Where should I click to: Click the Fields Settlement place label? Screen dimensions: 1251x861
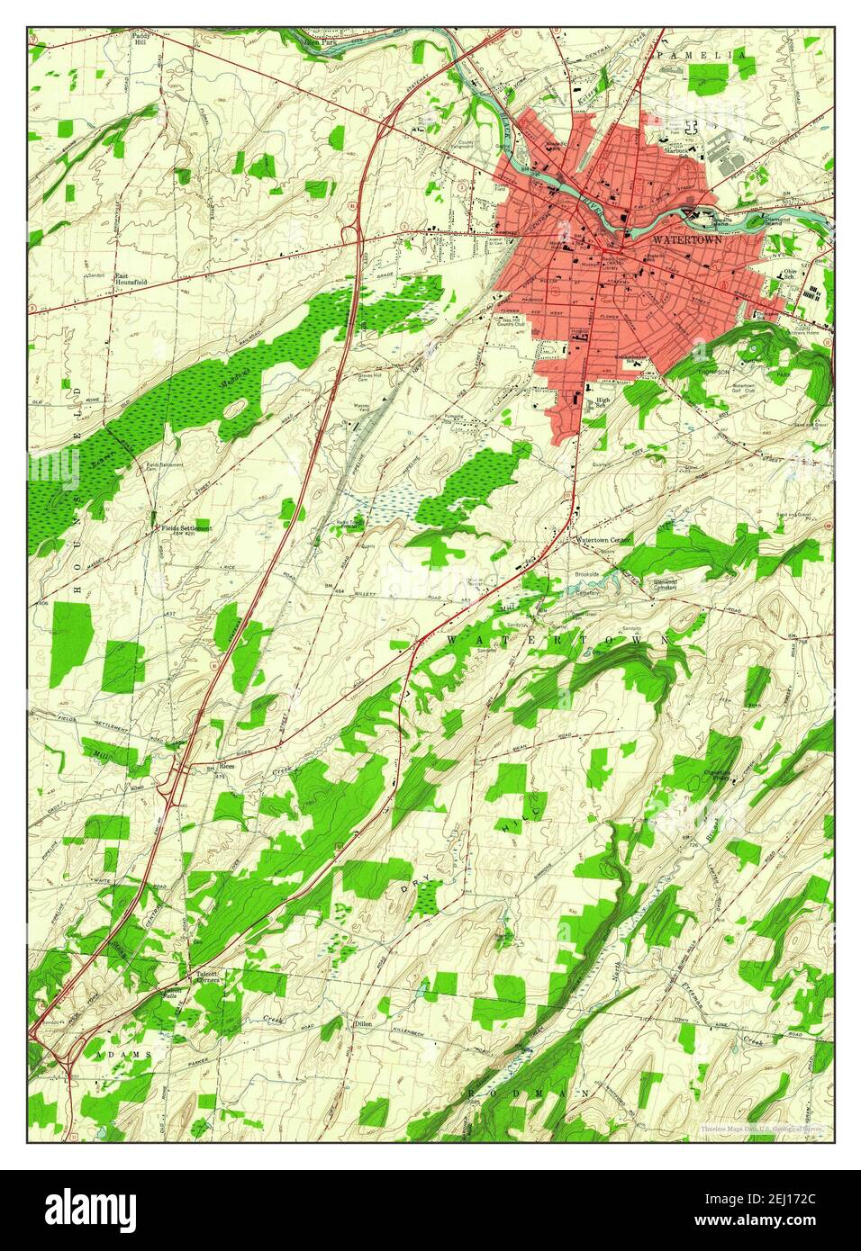tap(186, 528)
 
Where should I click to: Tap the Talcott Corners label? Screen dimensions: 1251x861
tap(206, 977)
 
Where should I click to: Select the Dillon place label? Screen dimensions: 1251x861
tap(364, 1024)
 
